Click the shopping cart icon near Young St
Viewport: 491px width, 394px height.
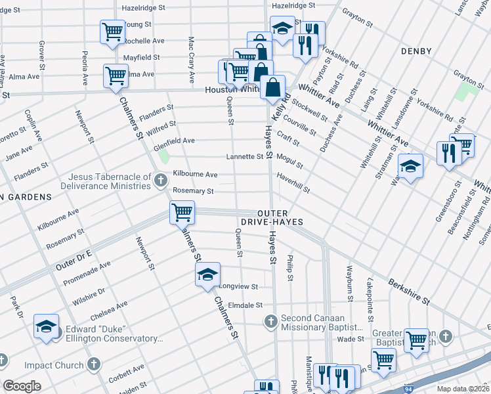(113, 31)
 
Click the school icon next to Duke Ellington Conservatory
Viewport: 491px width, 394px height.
(47, 326)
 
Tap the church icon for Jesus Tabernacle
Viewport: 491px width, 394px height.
(160, 179)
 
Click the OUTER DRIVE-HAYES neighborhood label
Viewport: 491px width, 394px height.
(282, 218)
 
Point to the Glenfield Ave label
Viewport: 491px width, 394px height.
(174, 141)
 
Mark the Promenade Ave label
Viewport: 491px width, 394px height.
(87, 273)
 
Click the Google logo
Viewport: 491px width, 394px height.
(22, 385)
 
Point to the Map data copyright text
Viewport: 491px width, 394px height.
(463, 389)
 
